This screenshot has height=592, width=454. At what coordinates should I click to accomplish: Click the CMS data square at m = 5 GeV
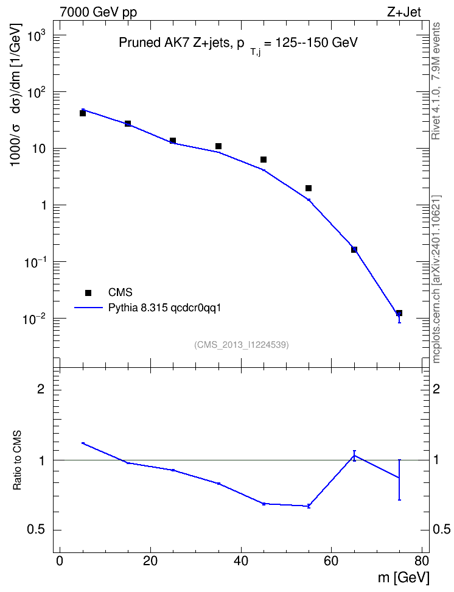83,113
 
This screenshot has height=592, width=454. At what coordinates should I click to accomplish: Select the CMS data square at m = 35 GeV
218,146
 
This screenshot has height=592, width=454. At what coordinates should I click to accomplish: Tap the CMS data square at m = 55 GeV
309,188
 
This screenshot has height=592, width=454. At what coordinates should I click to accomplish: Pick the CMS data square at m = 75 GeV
399,313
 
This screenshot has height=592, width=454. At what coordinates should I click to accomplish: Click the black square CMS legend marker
88,292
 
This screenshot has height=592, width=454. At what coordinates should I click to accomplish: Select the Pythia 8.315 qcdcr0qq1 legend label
164,308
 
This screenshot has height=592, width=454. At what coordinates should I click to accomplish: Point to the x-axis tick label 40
241,561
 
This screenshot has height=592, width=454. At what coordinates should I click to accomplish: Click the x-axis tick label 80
422,561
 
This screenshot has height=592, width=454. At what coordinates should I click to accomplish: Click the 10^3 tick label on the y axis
35,37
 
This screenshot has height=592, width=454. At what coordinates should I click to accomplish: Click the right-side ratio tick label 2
436,389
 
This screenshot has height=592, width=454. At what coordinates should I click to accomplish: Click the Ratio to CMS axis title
17,460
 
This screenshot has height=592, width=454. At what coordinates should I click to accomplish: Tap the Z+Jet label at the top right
404,12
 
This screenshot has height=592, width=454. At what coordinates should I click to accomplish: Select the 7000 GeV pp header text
98,12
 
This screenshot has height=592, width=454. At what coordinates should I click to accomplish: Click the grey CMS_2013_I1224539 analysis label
242,345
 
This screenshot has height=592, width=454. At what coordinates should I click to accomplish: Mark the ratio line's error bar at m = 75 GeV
399,479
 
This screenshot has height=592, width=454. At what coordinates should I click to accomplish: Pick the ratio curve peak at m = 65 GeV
354,456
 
